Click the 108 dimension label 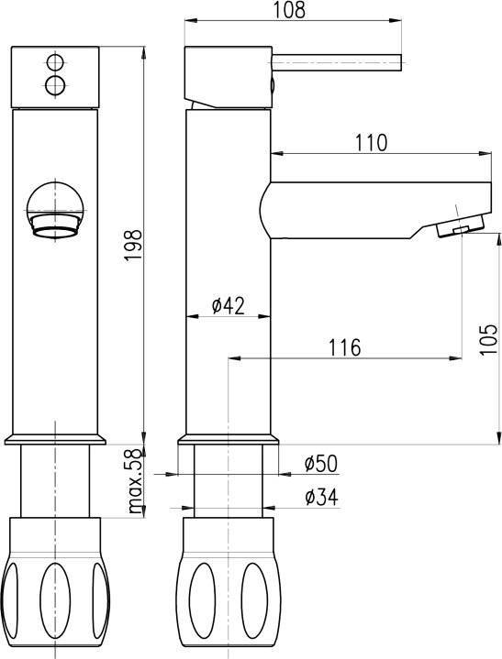(289, 10)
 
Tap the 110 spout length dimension (371, 143)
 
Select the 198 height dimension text (134, 246)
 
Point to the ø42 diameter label (229, 305)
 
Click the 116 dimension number (345, 347)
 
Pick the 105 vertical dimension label (488, 340)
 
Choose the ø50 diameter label (321, 464)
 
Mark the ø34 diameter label (321, 497)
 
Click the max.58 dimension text (135, 481)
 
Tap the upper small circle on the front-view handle (55, 62)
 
